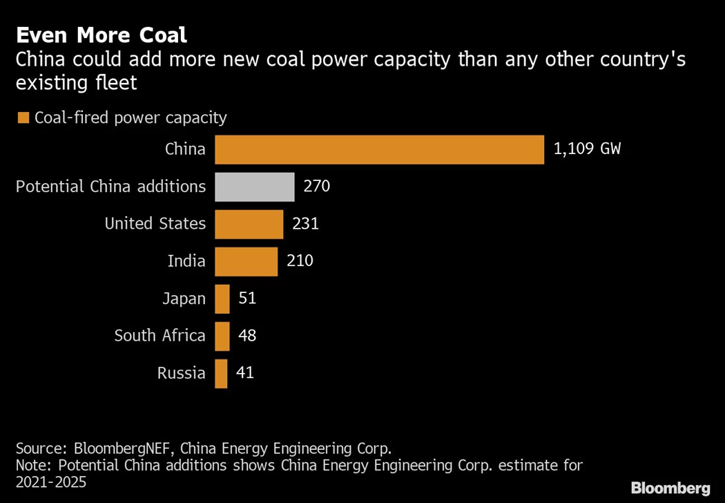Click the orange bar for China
[380, 149]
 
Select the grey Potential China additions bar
[255, 187]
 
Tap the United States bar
[249, 224]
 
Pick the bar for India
[246, 261]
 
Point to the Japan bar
[222, 298]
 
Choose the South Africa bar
[222, 336]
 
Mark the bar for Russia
[222, 373]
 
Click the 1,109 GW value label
[587, 149]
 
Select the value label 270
[317, 187]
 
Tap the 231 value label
[305, 224]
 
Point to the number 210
[300, 261]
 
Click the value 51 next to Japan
[246, 298]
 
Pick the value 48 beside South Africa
[246, 336]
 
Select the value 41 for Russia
[244, 373]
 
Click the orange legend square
[23, 118]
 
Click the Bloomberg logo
[670, 488]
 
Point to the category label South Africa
[159, 336]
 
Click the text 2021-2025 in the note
[51, 482]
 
